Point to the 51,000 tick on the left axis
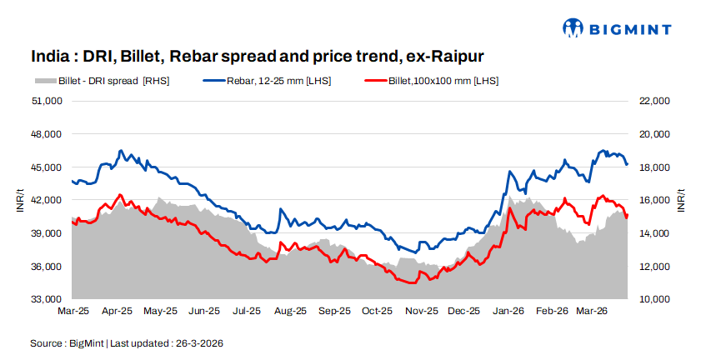pos(48,101)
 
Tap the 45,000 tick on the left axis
pos(48,167)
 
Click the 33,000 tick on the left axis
pos(48,299)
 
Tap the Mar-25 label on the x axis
pos(73,311)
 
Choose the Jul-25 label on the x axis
pos(248,311)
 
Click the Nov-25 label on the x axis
pos(421,311)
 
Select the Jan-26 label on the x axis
pos(508,311)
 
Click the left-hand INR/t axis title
pos(20,200)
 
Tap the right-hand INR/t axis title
pos(681,200)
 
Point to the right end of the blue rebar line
pos(627,164)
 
